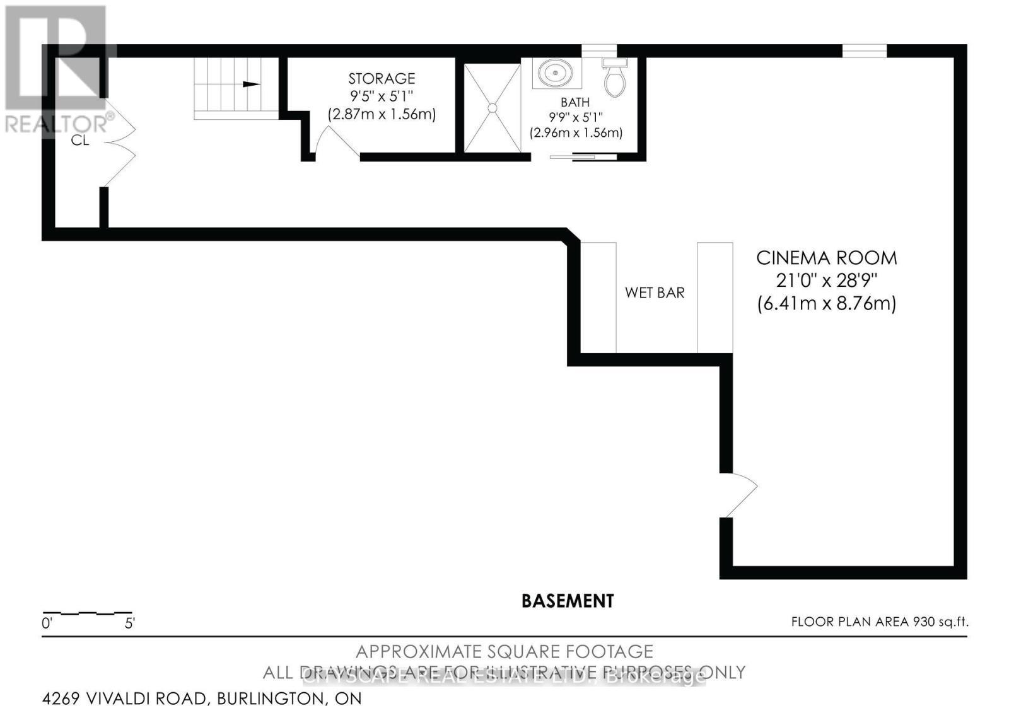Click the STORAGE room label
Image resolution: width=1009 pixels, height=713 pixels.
point(382,79)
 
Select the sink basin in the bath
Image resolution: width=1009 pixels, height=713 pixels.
point(556,72)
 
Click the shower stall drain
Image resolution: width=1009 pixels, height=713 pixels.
point(493,108)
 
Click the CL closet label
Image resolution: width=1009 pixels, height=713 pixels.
point(80,140)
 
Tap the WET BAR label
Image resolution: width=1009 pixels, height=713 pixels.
point(655,293)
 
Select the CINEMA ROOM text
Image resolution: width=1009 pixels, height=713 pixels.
point(826,258)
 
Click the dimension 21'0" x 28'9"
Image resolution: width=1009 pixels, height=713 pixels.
point(826,280)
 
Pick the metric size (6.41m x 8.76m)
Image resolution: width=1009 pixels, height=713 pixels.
point(826,303)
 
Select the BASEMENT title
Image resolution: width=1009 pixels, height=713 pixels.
point(568,601)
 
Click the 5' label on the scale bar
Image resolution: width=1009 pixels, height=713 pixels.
point(130,624)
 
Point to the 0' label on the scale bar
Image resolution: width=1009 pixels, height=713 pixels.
point(47,624)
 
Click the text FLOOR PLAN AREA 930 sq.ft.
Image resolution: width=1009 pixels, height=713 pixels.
point(879,622)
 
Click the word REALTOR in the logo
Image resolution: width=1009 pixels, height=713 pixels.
point(54,123)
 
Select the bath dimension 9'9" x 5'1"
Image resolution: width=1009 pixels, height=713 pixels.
point(575,117)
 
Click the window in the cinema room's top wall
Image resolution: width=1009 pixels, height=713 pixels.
point(865,50)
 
